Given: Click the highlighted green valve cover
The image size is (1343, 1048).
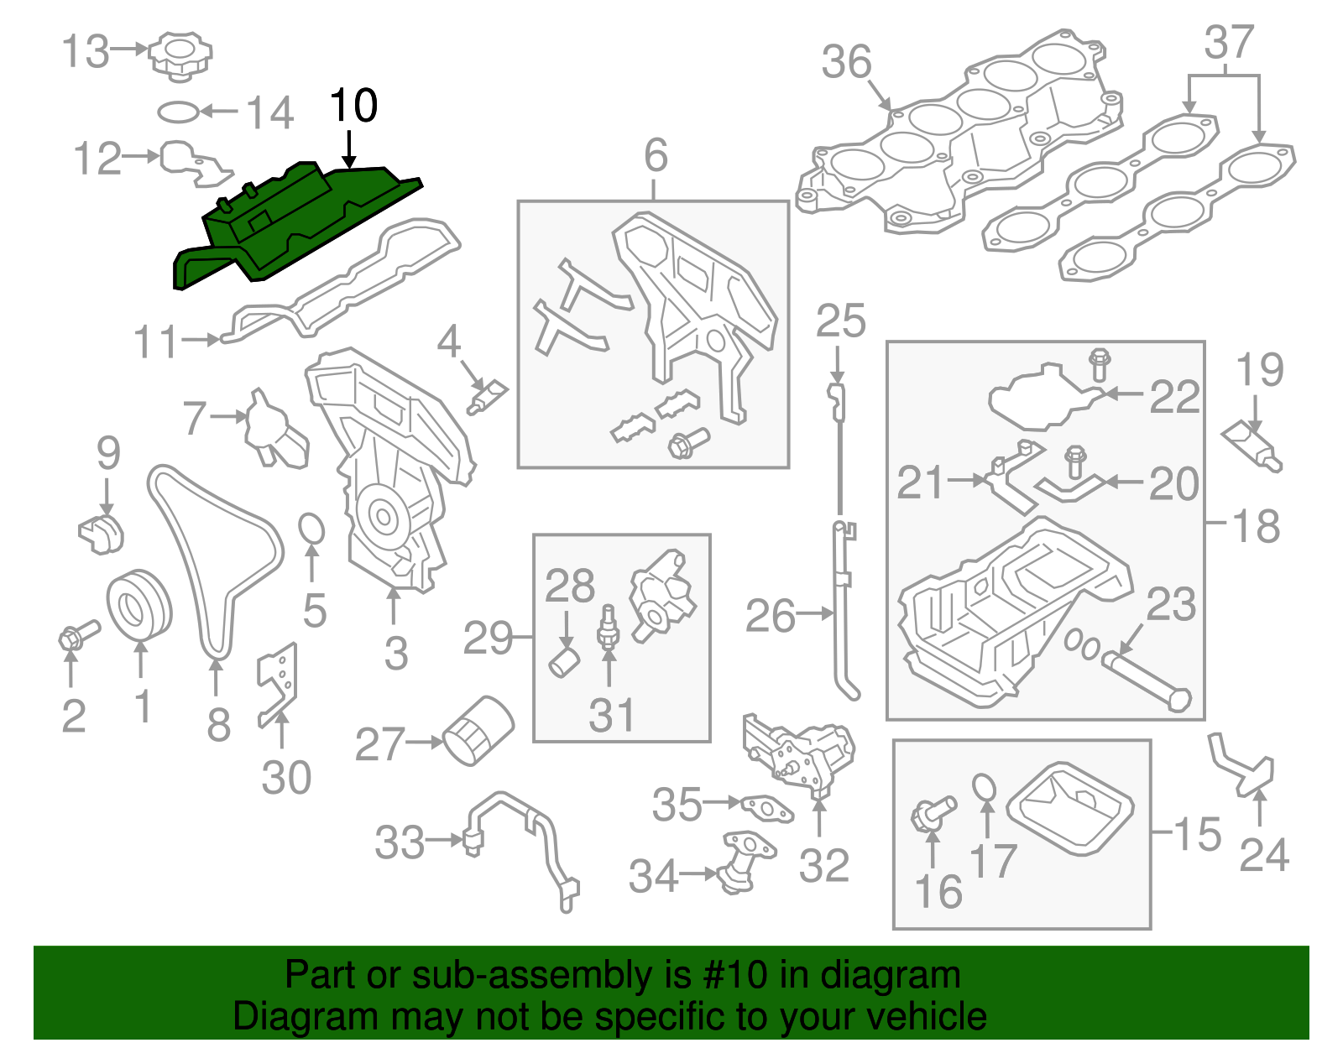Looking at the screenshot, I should coord(294,227).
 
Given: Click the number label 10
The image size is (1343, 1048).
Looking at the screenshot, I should coord(353,107).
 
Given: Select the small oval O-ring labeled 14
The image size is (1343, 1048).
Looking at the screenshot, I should coord(179,112).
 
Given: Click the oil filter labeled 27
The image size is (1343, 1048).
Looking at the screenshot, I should coord(477,731).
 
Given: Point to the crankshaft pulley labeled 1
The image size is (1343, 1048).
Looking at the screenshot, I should coord(138,604).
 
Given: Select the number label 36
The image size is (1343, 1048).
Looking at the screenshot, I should coord(846,63).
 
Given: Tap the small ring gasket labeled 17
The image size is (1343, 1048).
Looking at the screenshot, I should coord(985,788).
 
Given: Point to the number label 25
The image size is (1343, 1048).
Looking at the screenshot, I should coord(840,322).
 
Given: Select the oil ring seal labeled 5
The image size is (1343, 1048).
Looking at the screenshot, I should coord(311,529).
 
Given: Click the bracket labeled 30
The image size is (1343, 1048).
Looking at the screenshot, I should coord(278,684).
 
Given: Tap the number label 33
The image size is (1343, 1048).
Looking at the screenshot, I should coord(400,842).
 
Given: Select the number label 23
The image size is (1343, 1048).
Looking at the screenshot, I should coord(1170,605).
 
